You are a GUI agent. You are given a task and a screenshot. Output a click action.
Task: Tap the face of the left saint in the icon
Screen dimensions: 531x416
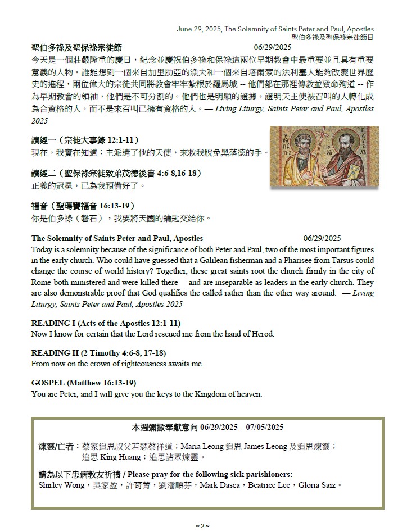tap(299, 151)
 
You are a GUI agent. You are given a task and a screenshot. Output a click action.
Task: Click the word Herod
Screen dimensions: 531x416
tap(261, 334)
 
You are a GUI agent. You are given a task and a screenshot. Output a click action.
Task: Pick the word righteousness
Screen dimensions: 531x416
tap(140, 364)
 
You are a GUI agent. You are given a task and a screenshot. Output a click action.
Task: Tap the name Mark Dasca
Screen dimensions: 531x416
tap(215, 484)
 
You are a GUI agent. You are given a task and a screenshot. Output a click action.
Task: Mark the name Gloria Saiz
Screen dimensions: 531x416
tap(320, 484)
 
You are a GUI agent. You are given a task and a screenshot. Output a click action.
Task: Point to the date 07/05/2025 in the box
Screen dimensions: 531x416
tap(264, 427)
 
